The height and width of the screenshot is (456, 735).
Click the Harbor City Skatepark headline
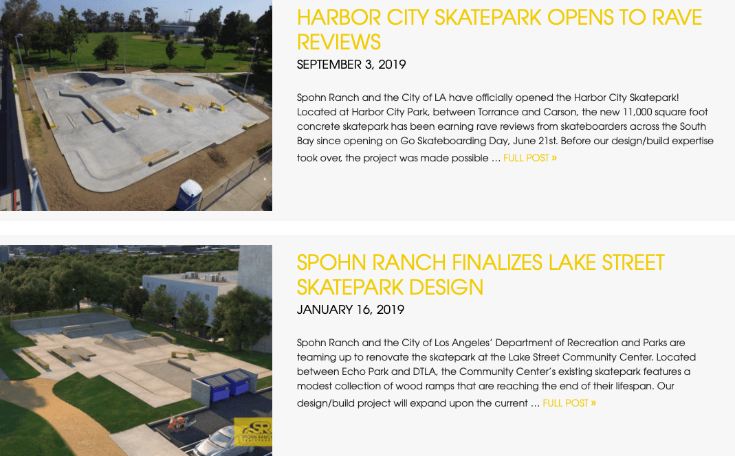tap(499, 30)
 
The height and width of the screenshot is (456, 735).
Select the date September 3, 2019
tap(351, 65)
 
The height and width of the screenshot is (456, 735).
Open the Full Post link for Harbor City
tap(529, 158)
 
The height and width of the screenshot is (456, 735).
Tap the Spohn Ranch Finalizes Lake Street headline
tap(481, 275)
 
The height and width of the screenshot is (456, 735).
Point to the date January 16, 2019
tap(350, 310)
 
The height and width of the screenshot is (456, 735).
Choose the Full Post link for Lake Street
tap(569, 404)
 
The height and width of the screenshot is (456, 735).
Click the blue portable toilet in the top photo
tap(189, 194)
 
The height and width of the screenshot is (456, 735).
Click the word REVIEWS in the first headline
tap(339, 42)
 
